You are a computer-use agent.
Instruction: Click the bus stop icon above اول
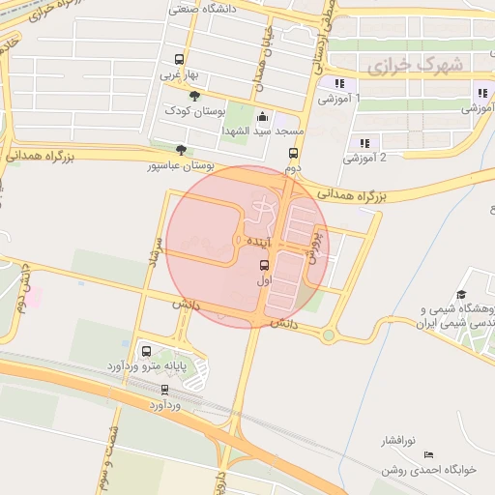click(264, 264)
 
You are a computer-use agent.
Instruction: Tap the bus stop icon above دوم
click(293, 153)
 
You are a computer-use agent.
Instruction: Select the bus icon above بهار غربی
click(177, 59)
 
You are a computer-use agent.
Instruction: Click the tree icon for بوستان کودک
click(195, 96)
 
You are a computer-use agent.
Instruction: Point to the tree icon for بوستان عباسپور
click(180, 149)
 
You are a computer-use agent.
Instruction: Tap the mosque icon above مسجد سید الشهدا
click(263, 114)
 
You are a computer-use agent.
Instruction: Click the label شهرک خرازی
click(415, 65)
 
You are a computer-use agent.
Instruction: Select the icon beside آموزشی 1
click(338, 83)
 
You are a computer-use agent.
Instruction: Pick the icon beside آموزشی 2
click(364, 143)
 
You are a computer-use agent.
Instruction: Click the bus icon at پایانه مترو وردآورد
click(146, 351)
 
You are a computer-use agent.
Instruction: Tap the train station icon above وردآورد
click(164, 390)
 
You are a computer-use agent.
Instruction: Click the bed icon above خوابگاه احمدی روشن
click(429, 454)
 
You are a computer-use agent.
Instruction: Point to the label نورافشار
click(395, 440)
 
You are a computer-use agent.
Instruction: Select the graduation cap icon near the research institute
click(461, 294)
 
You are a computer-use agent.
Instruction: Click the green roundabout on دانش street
click(329, 335)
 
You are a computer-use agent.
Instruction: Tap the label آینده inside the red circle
click(263, 239)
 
